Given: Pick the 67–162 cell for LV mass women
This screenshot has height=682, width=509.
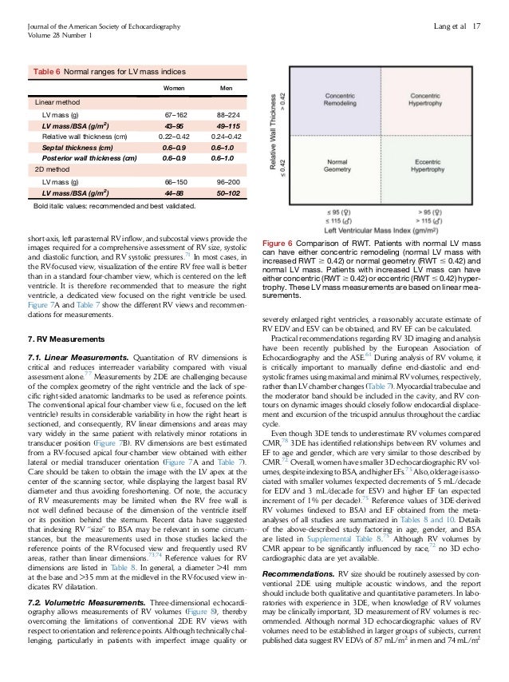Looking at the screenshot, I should [173, 116].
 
